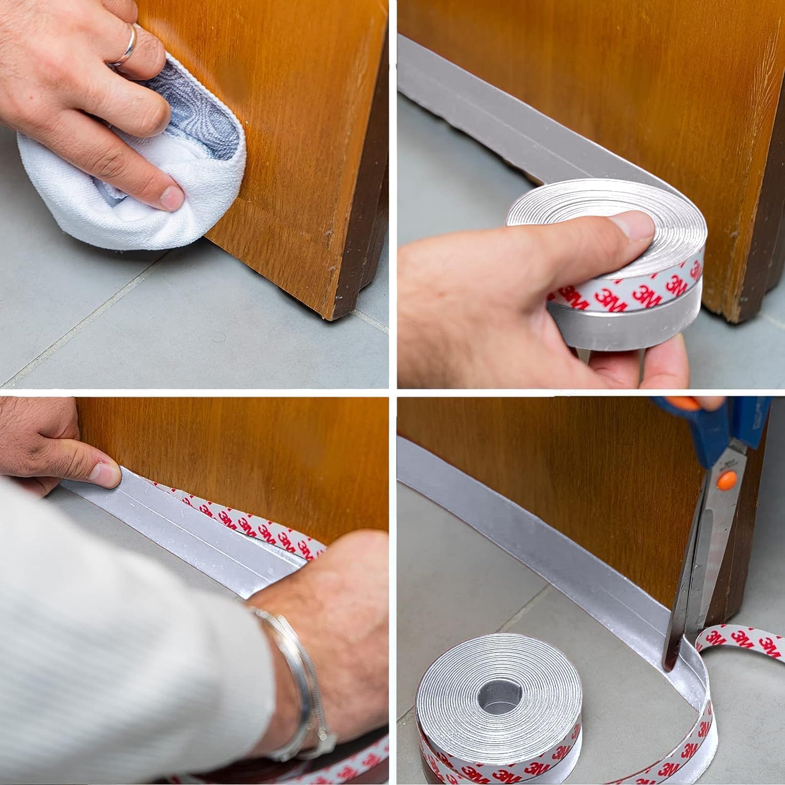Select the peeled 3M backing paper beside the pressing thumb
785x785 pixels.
point(251,523)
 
